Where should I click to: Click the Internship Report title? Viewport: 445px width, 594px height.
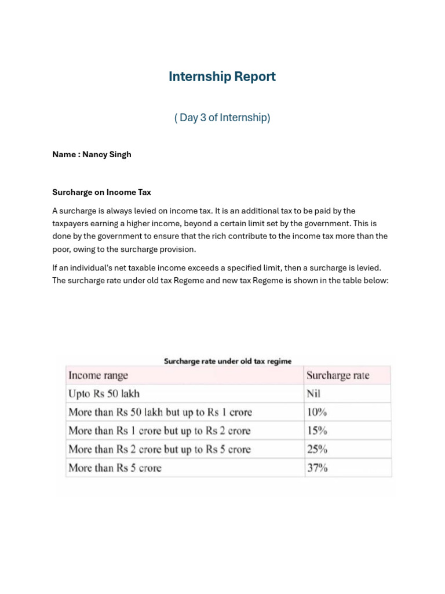pyautogui.click(x=222, y=77)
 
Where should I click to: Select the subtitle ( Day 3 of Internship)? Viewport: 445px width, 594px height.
pyautogui.click(x=222, y=118)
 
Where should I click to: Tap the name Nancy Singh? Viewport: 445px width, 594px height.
pyautogui.click(x=107, y=154)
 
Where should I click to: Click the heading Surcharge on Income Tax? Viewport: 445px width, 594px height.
pyautogui.click(x=101, y=192)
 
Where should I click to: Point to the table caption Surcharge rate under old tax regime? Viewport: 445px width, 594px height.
pyautogui.click(x=228, y=361)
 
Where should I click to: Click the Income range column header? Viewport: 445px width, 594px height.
pyautogui.click(x=98, y=375)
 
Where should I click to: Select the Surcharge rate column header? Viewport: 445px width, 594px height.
pyautogui.click(x=337, y=375)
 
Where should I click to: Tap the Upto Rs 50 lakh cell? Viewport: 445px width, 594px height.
pyautogui.click(x=104, y=394)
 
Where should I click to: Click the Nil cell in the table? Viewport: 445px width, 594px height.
pyautogui.click(x=313, y=394)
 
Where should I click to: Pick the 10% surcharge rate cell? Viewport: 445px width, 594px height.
pyautogui.click(x=317, y=412)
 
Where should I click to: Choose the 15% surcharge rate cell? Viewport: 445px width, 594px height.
pyautogui.click(x=317, y=431)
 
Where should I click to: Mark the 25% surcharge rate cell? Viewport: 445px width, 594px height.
pyautogui.click(x=317, y=449)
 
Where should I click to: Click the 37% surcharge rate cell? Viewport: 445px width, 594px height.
pyautogui.click(x=317, y=468)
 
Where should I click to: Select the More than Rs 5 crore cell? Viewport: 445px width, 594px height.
pyautogui.click(x=115, y=468)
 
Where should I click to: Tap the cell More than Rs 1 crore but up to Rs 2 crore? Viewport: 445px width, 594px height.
pyautogui.click(x=159, y=431)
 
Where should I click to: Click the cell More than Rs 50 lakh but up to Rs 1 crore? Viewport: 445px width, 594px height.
pyautogui.click(x=160, y=412)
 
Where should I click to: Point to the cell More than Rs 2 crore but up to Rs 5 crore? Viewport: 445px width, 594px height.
pyautogui.click(x=159, y=449)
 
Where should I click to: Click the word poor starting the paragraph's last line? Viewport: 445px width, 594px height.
pyautogui.click(x=61, y=249)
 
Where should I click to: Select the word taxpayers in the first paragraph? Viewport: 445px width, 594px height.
pyautogui.click(x=73, y=223)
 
